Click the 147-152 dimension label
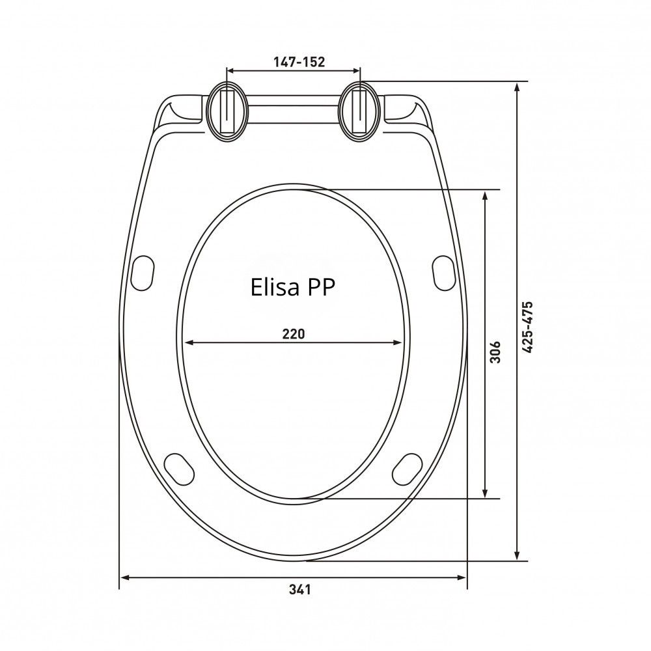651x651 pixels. [x=299, y=62]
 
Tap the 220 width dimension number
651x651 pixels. [x=294, y=333]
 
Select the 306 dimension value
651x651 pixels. [x=495, y=352]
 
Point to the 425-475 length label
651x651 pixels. [x=527, y=327]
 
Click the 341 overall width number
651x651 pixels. [x=299, y=589]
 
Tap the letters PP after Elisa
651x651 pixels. [x=320, y=287]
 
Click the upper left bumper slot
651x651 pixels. [x=143, y=273]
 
